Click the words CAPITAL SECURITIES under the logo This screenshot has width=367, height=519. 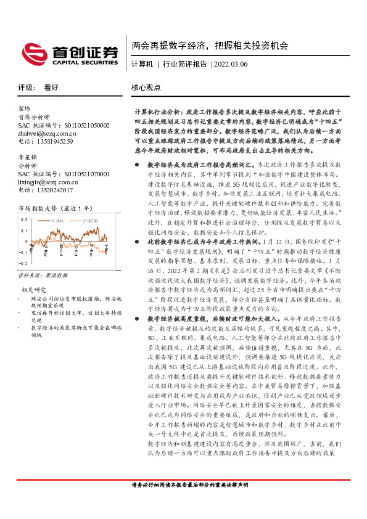81,62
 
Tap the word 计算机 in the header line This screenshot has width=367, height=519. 142,64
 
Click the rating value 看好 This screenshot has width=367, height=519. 52,88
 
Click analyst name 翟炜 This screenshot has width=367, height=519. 25,108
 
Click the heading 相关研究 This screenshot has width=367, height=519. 35,272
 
